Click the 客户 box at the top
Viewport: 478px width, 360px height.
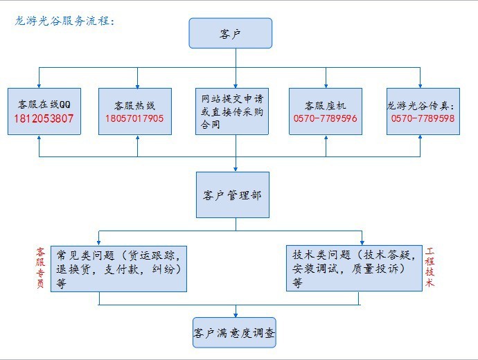(230, 33)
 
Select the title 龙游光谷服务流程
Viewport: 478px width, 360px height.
(64, 21)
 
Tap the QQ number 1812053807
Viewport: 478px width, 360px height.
(44, 118)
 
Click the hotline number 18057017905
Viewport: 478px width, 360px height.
(134, 118)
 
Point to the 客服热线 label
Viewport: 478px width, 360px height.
(134, 105)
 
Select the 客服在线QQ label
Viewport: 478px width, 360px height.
(44, 105)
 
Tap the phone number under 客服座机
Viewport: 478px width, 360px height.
(325, 118)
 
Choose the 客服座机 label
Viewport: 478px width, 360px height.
(325, 105)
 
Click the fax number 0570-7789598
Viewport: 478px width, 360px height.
(423, 118)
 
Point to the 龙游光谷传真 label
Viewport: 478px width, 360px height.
(421, 105)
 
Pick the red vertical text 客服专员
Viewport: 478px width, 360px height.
(40, 269)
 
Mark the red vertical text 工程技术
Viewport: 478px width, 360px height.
(430, 269)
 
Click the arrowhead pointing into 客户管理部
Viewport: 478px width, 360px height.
(236, 168)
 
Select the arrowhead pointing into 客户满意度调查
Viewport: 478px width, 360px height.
(236, 314)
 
